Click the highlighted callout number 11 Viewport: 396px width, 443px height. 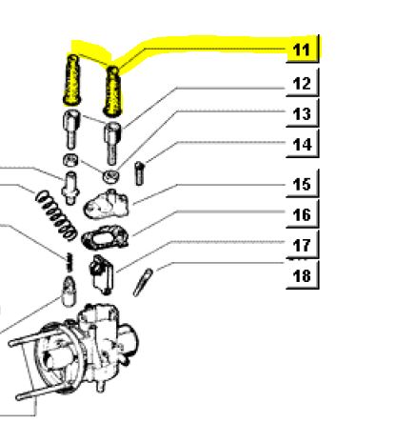tap(302, 50)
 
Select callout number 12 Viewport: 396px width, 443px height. tap(302, 84)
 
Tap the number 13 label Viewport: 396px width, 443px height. tap(302, 114)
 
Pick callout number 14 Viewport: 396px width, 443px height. tap(302, 145)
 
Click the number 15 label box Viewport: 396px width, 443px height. tap(302, 184)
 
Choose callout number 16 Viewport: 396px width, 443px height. tap(302, 214)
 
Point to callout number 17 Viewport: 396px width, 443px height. tap(302, 245)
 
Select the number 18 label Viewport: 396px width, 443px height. tap(302, 275)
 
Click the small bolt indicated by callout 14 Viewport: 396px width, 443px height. tap(139, 173)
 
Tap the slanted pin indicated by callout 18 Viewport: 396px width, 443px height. tap(143, 282)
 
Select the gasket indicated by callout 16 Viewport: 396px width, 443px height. tap(106, 237)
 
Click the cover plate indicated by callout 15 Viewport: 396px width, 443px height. tap(107, 205)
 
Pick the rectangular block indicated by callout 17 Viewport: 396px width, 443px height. tap(102, 274)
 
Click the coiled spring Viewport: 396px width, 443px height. tap(56, 214)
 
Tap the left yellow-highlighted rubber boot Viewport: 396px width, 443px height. tap(71, 80)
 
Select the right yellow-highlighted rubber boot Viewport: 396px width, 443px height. tap(112, 91)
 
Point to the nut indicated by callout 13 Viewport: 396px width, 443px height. tap(110, 176)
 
